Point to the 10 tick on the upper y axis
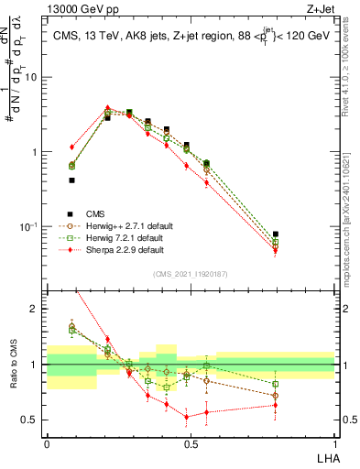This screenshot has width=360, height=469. tap(34, 77)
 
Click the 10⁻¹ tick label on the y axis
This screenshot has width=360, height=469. tap(31, 226)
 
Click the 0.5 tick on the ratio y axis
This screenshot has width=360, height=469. tap(33, 420)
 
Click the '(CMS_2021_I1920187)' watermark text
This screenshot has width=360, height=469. tap(190, 274)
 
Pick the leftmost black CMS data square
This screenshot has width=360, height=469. tap(71, 180)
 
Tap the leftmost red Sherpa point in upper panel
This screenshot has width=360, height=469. tap(71, 147)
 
